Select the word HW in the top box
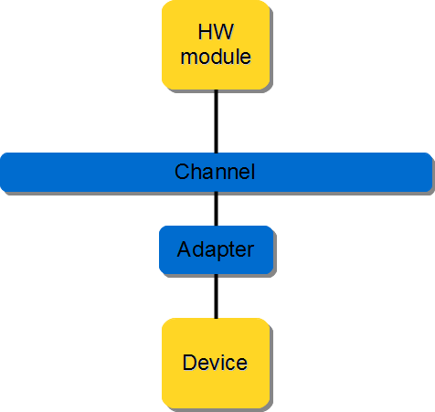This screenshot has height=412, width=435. (216, 34)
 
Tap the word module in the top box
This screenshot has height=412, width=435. (216, 57)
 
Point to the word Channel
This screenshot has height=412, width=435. (215, 172)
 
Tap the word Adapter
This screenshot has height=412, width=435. (216, 249)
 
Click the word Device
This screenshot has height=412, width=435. (215, 363)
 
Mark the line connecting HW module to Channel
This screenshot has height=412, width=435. (216, 121)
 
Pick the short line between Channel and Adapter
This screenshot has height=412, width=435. (216, 209)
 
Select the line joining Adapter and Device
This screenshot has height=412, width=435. (216, 295)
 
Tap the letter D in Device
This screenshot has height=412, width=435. (189, 363)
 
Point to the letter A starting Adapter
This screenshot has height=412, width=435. (184, 249)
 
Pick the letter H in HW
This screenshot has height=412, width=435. (205, 34)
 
